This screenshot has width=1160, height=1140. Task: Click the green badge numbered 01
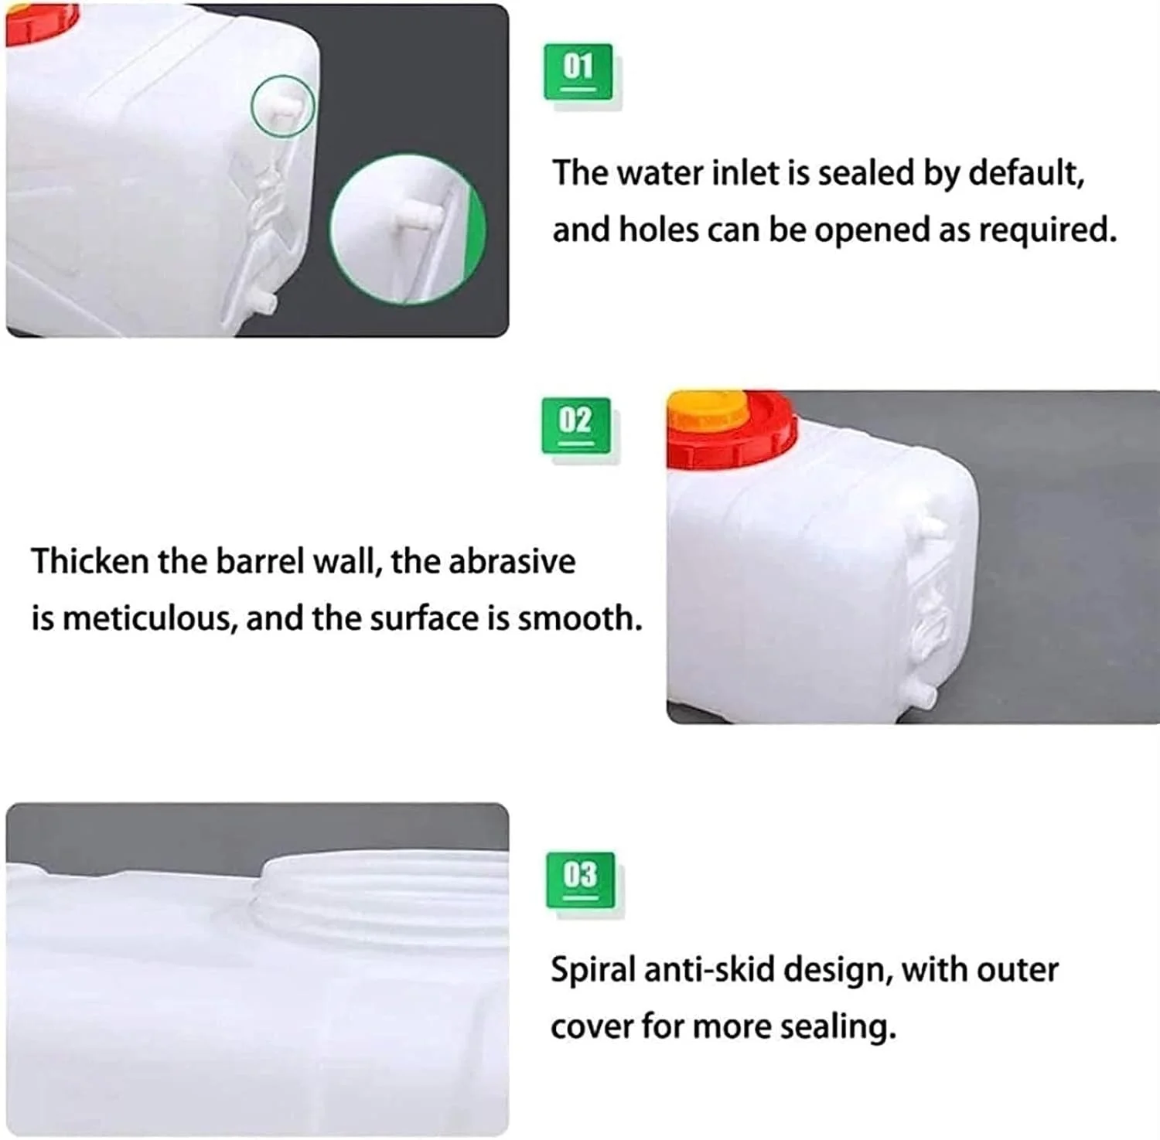click(x=578, y=71)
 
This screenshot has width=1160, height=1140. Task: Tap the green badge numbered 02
click(x=575, y=425)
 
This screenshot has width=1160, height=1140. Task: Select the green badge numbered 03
click(x=580, y=880)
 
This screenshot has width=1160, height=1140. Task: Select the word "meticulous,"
click(x=149, y=619)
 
